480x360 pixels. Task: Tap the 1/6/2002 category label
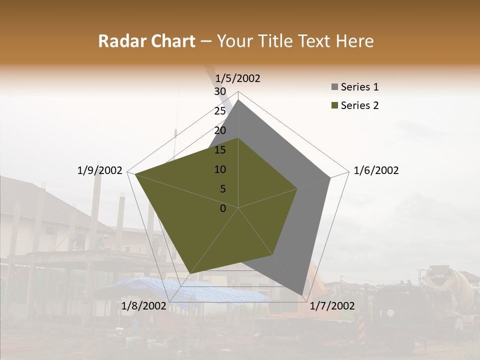click(376, 170)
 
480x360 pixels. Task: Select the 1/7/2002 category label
click(332, 305)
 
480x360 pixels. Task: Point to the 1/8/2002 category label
click(143, 305)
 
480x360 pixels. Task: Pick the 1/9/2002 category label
click(100, 170)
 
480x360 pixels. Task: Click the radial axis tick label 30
click(220, 91)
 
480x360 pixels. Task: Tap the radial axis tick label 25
click(220, 111)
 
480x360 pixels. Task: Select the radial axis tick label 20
click(220, 130)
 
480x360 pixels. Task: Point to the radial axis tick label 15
click(220, 150)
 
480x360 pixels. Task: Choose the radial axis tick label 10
click(220, 169)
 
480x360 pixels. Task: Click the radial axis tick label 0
click(223, 208)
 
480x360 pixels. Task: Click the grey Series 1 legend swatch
click(334, 87)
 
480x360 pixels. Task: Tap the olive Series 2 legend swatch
click(334, 105)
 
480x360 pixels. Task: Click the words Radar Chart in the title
click(146, 41)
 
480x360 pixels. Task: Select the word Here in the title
click(354, 41)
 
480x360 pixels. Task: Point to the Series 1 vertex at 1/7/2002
click(302, 295)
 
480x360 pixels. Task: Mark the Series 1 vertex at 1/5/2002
click(238, 99)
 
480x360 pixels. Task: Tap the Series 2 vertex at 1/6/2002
click(297, 188)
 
